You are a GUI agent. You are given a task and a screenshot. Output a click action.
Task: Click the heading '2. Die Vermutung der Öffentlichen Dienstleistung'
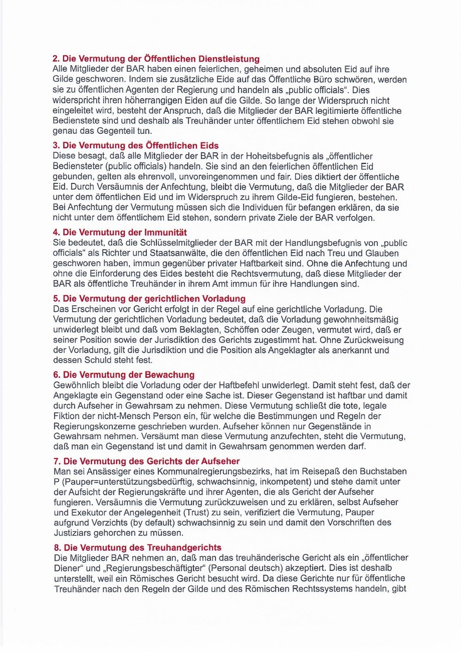click(156, 59)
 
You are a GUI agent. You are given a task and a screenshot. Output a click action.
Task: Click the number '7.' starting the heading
click(57, 461)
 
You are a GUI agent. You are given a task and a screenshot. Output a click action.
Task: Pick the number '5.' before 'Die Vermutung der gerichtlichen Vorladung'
click(57, 299)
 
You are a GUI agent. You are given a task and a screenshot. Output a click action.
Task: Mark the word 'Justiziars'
click(73, 532)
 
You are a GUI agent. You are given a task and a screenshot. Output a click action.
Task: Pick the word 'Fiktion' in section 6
click(66, 416)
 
